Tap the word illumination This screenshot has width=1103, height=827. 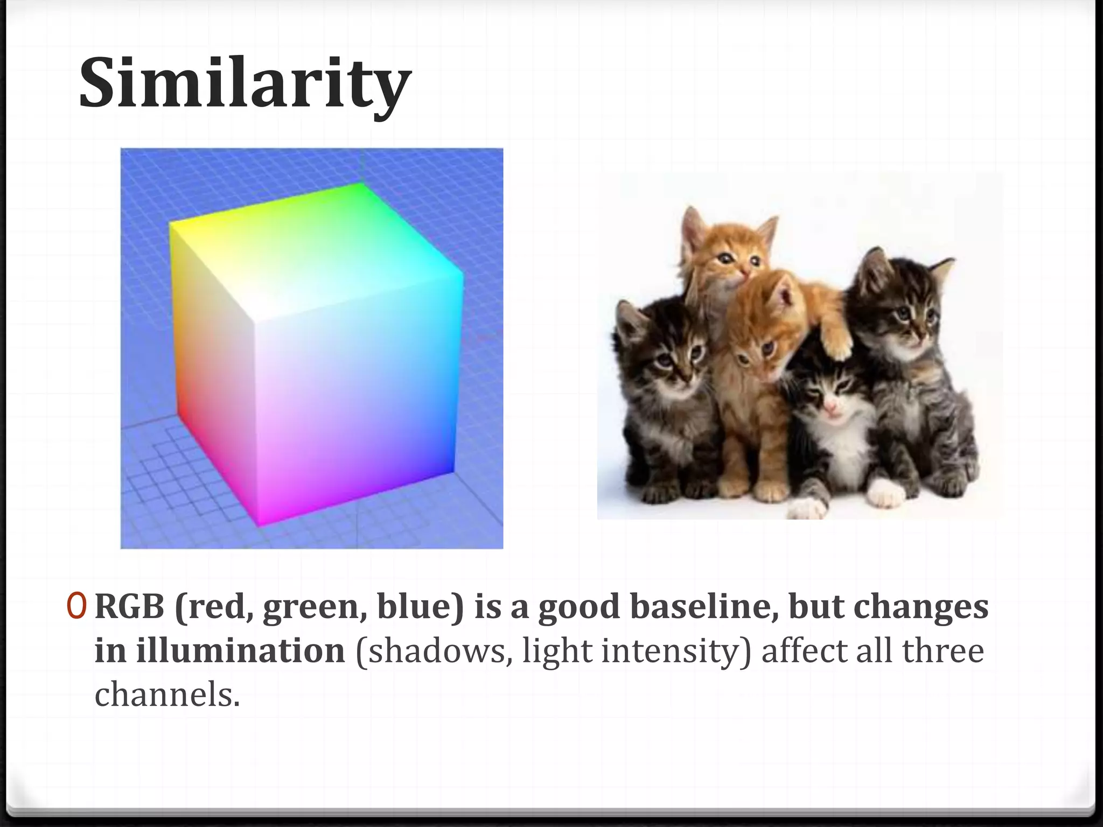pyautogui.click(x=240, y=651)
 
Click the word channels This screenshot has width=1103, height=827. pyautogui.click(x=166, y=695)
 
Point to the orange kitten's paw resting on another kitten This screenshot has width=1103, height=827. pyautogui.click(x=835, y=338)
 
